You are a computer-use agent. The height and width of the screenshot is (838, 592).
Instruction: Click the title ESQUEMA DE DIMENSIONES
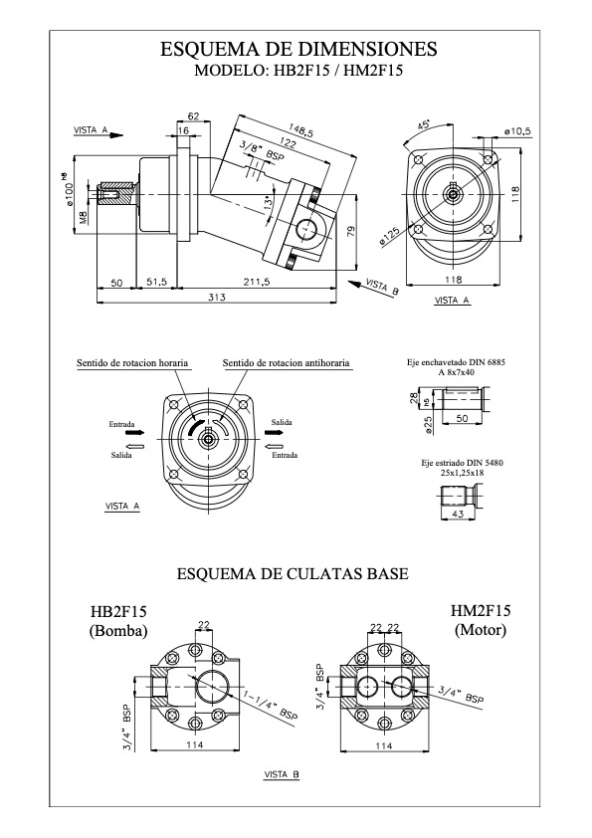298,49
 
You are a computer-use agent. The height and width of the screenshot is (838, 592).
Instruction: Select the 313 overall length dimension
217,298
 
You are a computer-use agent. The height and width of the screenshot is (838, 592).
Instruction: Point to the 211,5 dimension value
256,282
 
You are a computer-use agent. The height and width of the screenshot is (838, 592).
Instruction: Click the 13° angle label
271,202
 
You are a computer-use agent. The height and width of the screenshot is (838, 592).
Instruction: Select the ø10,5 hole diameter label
517,131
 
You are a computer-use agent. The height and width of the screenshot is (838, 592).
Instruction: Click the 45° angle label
424,125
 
